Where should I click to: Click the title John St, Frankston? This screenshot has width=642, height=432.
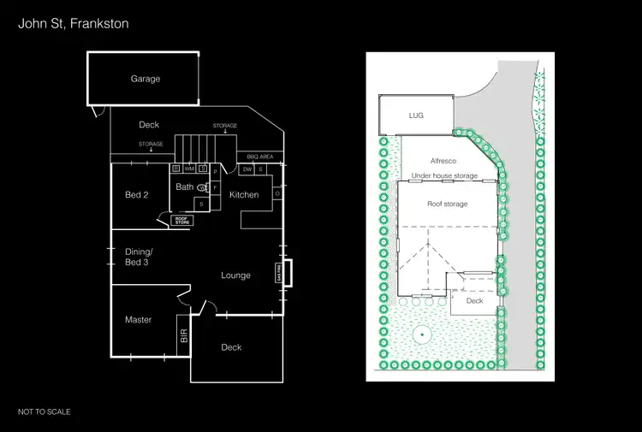[x=74, y=24]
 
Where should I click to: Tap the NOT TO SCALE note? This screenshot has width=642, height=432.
[x=45, y=411]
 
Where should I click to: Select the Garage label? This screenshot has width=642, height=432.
[x=146, y=79]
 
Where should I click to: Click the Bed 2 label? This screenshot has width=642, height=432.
[x=137, y=195]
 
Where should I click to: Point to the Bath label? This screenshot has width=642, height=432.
[x=185, y=186]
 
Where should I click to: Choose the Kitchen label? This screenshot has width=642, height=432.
[x=244, y=195]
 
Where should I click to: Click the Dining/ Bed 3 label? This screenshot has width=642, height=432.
[x=139, y=256]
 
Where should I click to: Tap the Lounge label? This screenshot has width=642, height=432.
[x=235, y=275]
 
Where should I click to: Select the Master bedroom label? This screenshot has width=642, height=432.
[x=138, y=320]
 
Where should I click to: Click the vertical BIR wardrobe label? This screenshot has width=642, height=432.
[x=183, y=335]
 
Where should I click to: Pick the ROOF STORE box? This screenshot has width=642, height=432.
[x=181, y=220]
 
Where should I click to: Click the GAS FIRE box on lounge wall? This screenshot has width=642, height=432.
[x=278, y=273]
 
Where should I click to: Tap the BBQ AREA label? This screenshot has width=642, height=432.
[x=259, y=157]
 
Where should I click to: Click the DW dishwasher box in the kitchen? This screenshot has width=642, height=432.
[x=247, y=169]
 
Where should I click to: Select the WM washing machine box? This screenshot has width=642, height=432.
[x=189, y=169]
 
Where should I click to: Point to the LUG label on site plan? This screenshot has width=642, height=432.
[x=416, y=115]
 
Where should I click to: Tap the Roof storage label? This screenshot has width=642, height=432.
[x=448, y=204]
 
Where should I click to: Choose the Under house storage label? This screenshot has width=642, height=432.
[x=444, y=175]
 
